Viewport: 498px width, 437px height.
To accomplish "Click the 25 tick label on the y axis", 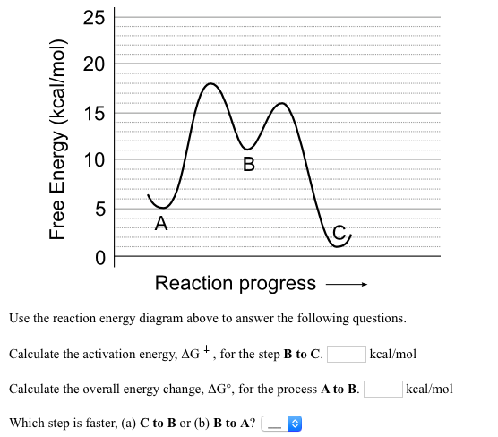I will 94,16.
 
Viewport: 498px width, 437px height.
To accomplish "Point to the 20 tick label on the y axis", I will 94,64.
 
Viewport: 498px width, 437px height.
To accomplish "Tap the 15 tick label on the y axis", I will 94,113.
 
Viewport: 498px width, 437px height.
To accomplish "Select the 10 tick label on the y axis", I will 94,161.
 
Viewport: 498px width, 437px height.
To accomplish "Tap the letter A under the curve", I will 160,223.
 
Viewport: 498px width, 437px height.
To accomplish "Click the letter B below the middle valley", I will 248,164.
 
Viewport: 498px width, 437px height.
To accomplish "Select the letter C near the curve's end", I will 339,233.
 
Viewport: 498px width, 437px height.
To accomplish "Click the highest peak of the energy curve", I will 210,83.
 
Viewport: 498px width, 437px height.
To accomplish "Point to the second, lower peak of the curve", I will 283,103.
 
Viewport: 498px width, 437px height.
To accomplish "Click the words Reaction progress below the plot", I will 235,284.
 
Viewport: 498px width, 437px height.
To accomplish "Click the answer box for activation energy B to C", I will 346,354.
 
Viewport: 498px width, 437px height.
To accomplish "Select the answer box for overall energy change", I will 382,389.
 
